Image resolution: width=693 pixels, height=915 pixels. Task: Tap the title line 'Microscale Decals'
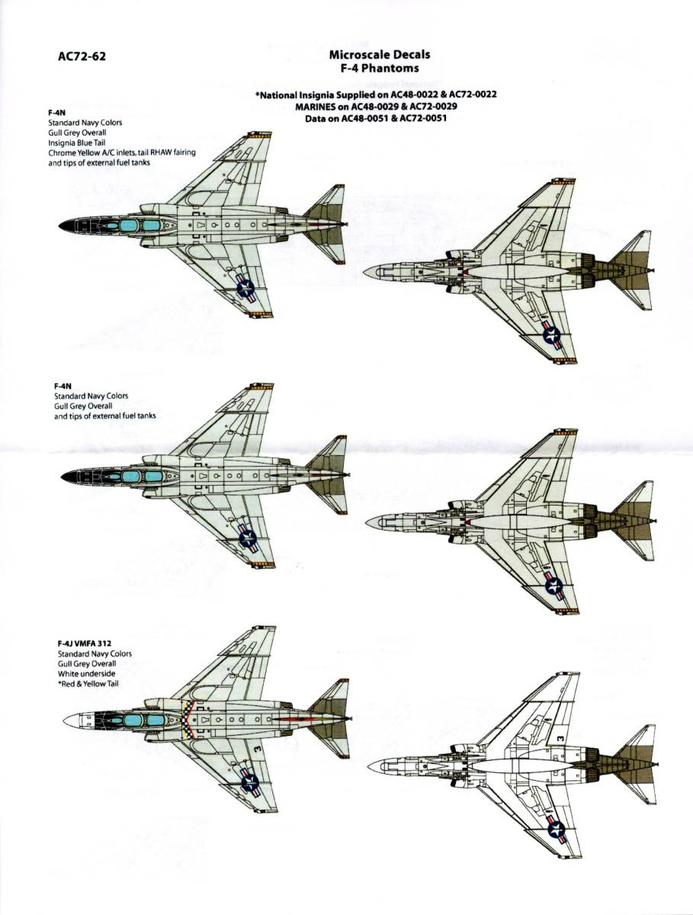(379, 54)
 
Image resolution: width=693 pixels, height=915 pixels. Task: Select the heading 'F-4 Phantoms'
(379, 67)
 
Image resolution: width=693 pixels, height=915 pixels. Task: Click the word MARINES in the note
(314, 107)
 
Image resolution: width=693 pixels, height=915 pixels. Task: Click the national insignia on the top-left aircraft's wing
(245, 287)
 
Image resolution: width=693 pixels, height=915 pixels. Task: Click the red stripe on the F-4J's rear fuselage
(294, 718)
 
